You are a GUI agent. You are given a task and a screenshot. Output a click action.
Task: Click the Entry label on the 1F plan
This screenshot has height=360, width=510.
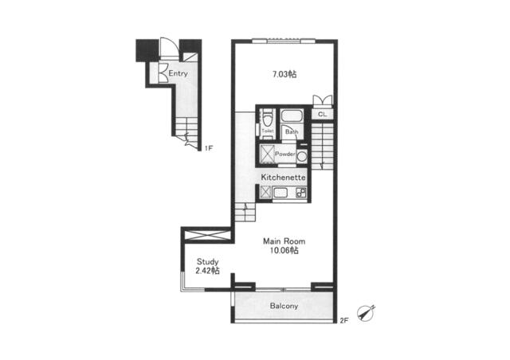coord(178,73)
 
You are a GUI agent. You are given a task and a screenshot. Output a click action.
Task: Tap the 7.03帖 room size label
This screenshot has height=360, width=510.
coord(284,75)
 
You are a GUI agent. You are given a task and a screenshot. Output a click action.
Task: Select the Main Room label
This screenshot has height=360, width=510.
coord(284,241)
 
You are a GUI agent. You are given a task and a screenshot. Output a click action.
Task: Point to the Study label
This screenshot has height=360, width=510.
coord(207,261)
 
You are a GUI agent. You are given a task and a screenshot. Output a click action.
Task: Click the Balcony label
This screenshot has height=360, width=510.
coord(284,306)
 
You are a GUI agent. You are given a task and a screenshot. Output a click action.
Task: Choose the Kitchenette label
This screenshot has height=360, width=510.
coord(284,178)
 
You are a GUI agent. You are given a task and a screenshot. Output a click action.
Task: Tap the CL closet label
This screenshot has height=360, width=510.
coord(322,115)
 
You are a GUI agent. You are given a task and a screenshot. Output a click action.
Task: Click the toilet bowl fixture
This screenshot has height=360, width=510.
coord(268,118)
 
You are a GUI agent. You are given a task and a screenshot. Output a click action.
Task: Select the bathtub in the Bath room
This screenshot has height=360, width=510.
coord(292,115)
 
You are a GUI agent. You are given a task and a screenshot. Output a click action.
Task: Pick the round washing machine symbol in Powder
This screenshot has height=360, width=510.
coord(302,156)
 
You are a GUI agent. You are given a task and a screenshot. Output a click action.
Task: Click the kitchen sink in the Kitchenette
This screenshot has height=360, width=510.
coord(280,193)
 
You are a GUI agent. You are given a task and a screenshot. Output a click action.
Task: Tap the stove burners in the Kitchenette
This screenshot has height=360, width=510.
coord(301,193)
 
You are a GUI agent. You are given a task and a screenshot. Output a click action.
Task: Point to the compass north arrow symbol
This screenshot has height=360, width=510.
coord(367,313)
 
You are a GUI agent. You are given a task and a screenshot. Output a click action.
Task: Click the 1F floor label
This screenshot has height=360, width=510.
coord(209,149)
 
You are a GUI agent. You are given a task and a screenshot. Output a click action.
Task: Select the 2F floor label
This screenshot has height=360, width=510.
coord(344,321)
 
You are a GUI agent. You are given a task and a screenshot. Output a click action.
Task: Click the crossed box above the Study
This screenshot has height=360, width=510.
coord(207,235)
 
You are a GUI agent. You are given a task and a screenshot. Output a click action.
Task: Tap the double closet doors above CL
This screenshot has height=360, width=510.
coord(322,100)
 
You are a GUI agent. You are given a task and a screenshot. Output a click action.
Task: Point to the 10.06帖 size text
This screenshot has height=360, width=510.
coord(284,250)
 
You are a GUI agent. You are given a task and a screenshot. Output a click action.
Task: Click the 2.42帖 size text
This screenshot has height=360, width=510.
coord(207,271)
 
